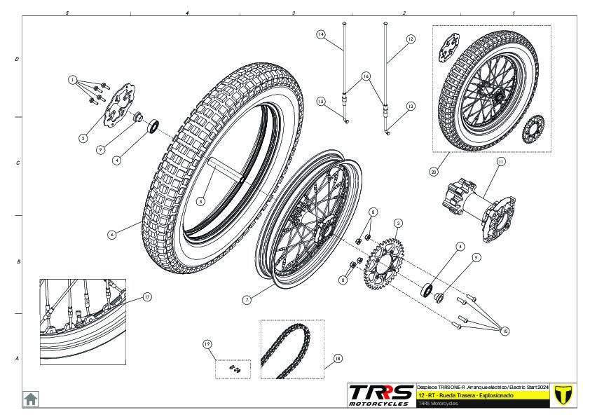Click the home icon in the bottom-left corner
coord(32,398)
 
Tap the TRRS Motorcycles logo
coord(382,395)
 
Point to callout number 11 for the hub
coord(500,161)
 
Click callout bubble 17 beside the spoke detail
coord(147,296)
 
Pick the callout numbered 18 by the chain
coord(338,358)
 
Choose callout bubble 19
coord(207,344)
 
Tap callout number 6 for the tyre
coord(111,235)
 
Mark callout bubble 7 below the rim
coord(247,300)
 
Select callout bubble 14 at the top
coord(320,34)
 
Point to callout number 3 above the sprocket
coord(398,223)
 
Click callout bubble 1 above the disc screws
coord(71,81)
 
